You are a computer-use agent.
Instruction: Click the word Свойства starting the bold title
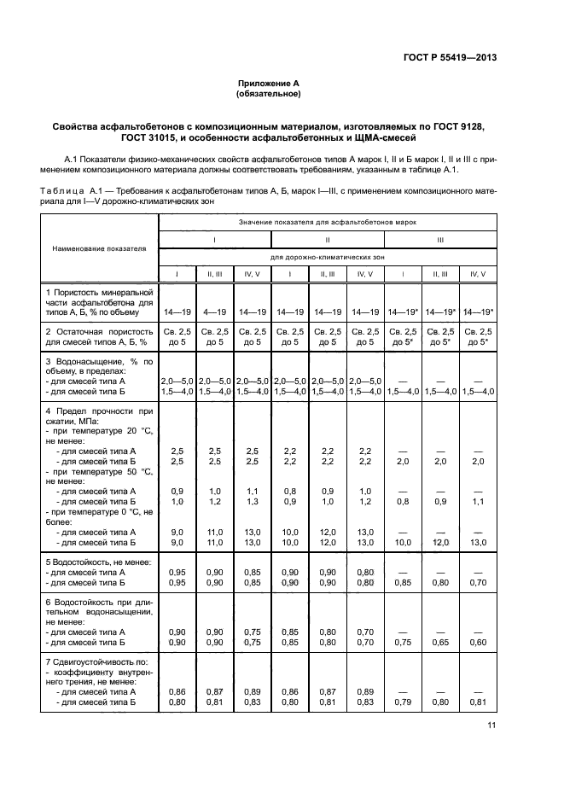(78, 126)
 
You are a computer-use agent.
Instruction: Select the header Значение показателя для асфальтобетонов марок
(327, 222)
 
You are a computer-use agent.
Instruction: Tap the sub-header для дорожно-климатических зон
(327, 256)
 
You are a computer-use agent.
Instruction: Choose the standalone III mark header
(439, 240)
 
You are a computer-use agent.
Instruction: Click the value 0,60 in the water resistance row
(477, 641)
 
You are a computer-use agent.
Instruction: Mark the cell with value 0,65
(439, 641)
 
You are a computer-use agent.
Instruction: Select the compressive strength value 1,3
(252, 502)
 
